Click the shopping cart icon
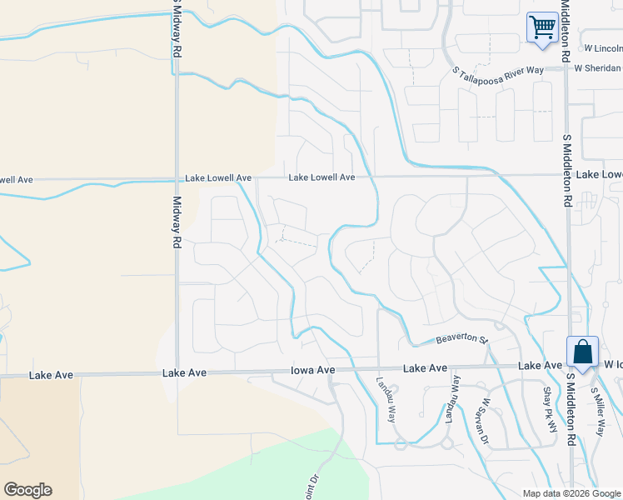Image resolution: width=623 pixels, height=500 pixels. [542, 27]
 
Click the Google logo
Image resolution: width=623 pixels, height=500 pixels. [27, 490]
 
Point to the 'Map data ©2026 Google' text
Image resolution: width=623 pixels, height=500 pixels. [571, 493]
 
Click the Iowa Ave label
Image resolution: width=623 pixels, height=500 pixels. [312, 370]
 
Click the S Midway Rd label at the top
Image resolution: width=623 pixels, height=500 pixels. [177, 28]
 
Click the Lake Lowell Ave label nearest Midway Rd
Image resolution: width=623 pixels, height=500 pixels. [218, 178]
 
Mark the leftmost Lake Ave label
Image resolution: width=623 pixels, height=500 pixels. [51, 376]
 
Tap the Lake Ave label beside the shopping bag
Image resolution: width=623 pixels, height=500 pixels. [540, 366]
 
